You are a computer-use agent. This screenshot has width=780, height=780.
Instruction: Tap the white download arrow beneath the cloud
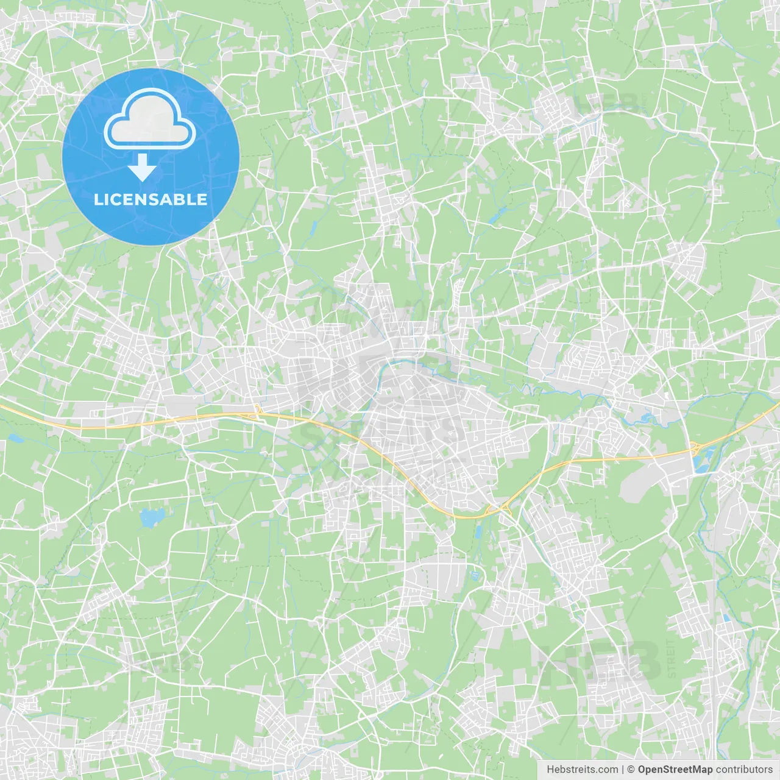tap(142, 168)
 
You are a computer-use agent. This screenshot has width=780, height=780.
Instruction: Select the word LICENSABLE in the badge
tap(151, 199)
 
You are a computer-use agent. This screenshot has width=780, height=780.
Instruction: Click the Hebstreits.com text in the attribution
tap(582, 770)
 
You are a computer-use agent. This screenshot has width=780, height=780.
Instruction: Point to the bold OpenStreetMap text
tap(675, 770)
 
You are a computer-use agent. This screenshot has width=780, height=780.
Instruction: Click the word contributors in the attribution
tap(744, 770)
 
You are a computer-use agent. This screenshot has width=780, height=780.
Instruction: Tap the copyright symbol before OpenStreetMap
tap(631, 770)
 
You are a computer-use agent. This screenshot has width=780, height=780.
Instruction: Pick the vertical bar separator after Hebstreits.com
tap(623, 770)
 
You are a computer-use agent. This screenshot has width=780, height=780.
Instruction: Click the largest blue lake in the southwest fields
tap(150, 518)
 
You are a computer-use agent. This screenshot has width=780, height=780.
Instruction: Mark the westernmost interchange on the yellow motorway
tap(258, 413)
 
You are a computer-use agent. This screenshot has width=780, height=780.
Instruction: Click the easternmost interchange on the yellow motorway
tap(695, 450)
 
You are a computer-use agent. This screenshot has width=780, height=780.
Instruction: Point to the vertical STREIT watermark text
tap(671, 658)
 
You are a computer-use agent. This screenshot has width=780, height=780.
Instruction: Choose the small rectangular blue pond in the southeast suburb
tap(726, 617)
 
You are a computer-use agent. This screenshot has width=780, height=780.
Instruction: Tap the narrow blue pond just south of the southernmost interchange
tap(478, 531)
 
